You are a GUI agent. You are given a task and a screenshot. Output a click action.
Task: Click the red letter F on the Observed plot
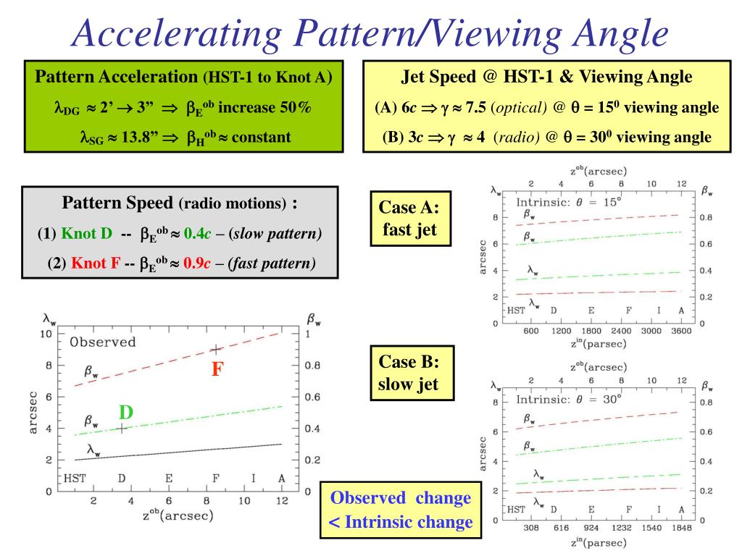pos(217,369)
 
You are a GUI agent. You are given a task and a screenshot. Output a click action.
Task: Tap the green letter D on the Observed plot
pos(126,413)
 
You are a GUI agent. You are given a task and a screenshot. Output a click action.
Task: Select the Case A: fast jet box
pos(409,219)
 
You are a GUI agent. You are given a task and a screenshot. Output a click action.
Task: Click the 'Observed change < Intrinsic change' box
pos(401,510)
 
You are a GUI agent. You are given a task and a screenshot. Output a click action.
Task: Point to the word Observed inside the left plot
pos(103,342)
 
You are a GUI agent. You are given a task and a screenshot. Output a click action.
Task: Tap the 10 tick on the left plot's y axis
pos(45,334)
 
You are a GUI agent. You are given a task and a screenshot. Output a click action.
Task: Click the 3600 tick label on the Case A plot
pos(681,331)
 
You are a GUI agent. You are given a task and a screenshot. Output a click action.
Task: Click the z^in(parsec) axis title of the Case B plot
pos(597,542)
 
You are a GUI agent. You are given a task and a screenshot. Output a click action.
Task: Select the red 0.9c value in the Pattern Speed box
pos(196,263)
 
